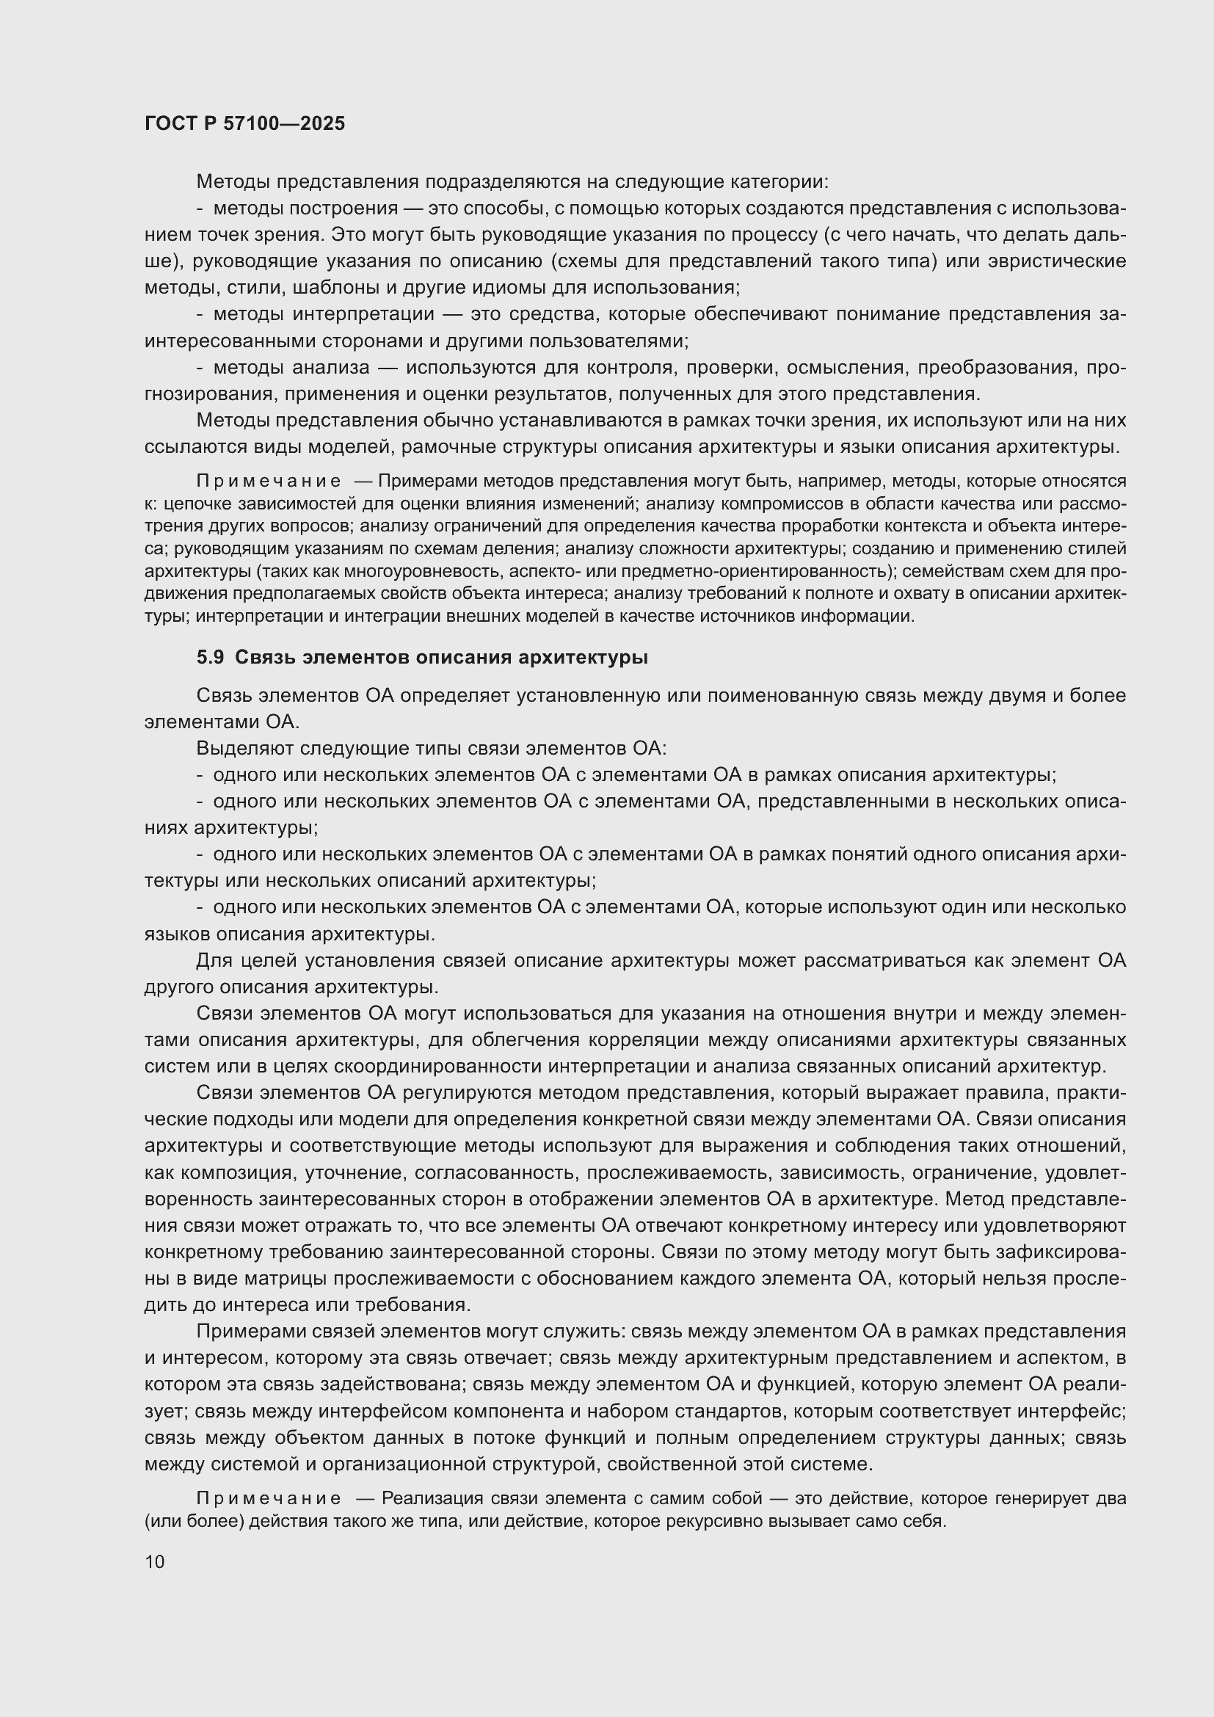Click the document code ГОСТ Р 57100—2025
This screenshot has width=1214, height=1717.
tap(244, 123)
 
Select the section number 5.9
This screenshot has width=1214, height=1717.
tap(210, 657)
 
